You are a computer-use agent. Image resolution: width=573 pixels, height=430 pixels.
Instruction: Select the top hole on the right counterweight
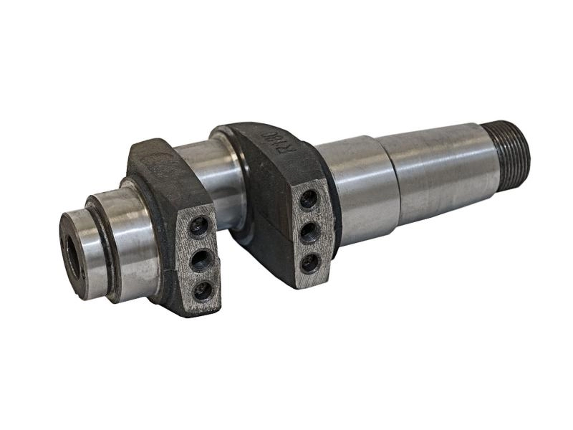click(x=309, y=200)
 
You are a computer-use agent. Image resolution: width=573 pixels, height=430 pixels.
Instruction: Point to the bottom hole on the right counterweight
click(x=309, y=262)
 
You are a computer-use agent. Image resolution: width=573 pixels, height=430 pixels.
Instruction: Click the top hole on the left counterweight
click(x=198, y=227)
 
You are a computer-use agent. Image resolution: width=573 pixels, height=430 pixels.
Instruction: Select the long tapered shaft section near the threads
click(x=437, y=168)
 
